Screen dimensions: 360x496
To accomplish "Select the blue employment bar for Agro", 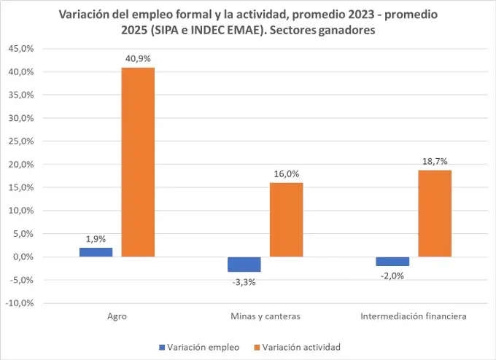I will click(x=96, y=252).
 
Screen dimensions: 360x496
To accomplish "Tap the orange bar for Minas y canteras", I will click(x=286, y=219).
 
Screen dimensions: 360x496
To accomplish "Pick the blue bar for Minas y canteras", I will click(x=244, y=265).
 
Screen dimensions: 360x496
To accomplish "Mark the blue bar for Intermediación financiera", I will click(x=393, y=262).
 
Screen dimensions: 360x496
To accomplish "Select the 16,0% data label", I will click(x=286, y=175).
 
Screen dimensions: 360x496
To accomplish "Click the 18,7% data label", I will click(x=435, y=163).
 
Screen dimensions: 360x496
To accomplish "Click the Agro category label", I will click(x=117, y=316).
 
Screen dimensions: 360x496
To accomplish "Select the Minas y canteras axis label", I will click(x=265, y=316).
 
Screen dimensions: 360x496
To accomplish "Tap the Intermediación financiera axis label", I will click(x=414, y=316).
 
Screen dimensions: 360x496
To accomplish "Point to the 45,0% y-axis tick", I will click(x=20, y=49).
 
